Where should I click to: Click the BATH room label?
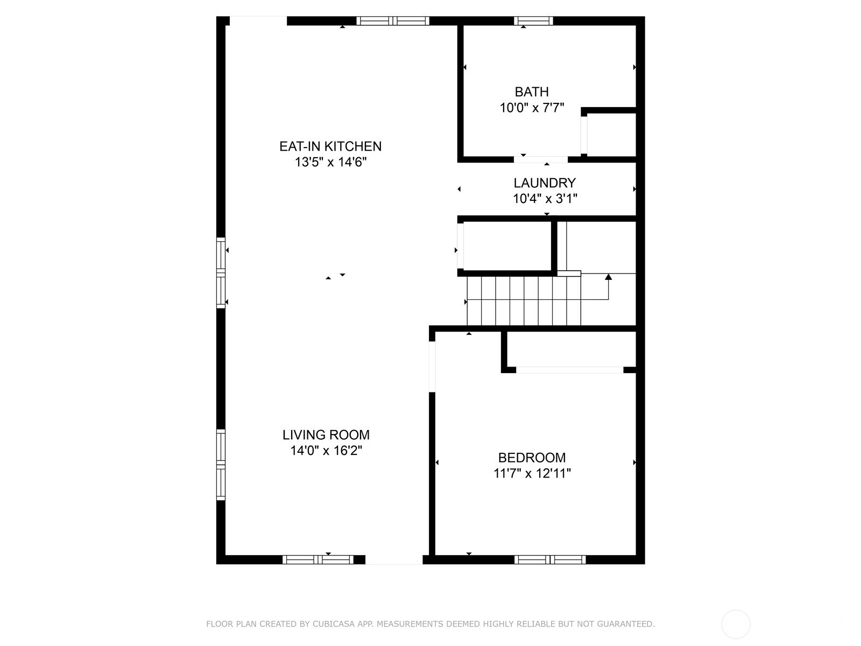coord(532,92)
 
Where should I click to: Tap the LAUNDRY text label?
coord(545,183)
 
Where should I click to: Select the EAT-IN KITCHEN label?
coord(330,146)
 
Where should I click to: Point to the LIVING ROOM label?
coord(326,435)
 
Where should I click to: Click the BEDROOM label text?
coord(532,458)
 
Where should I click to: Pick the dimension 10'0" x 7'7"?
coord(532,108)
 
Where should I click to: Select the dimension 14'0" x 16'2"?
coord(326,451)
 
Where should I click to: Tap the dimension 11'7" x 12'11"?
coord(532,474)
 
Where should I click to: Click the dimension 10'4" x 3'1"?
coord(545,199)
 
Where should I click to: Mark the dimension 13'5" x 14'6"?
coord(330,162)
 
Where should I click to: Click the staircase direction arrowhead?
coord(608,277)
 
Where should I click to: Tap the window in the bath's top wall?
coord(533,21)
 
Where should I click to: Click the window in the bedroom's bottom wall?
coord(549,560)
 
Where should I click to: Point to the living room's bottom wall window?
coord(318,560)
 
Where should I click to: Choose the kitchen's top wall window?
coord(393,21)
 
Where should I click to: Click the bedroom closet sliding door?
coord(569,370)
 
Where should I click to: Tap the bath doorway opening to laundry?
coord(540,159)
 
